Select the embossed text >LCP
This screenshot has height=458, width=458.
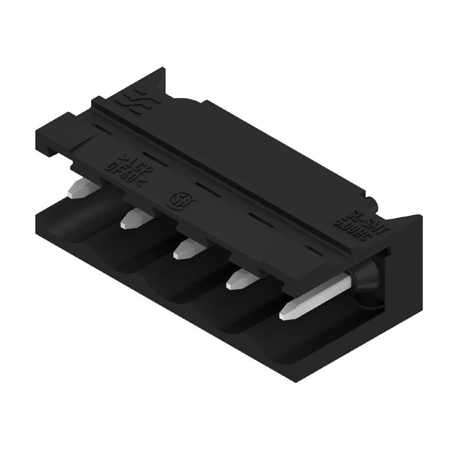(131, 162)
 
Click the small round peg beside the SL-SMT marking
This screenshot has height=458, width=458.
(373, 203)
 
